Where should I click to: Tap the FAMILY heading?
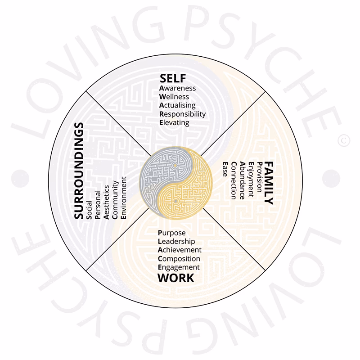click(269, 182)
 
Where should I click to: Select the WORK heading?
click(176, 278)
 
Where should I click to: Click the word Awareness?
click(178, 88)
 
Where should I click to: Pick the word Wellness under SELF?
click(174, 97)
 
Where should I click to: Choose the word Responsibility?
click(182, 114)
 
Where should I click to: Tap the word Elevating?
click(175, 122)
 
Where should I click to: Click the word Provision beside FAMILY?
click(259, 178)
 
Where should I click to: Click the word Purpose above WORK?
click(172, 233)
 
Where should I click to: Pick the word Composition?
click(179, 259)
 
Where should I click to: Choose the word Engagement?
click(179, 267)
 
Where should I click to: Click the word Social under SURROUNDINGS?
click(90, 209)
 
